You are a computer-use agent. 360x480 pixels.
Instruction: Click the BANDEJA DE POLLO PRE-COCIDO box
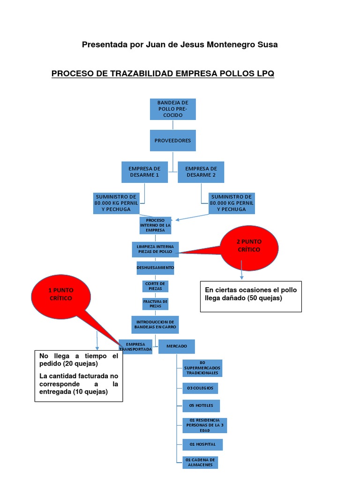(173, 109)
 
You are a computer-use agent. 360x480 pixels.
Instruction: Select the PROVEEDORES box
(173, 140)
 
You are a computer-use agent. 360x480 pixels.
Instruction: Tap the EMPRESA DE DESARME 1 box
(144, 172)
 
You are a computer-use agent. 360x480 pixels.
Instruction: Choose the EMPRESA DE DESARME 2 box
(201, 172)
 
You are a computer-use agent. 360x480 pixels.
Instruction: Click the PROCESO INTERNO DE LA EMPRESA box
(155, 225)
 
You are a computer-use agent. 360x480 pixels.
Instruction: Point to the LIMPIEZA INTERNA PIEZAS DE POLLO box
(155, 249)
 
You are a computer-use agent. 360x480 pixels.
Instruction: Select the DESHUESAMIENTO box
(155, 268)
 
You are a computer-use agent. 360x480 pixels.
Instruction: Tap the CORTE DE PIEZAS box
(155, 286)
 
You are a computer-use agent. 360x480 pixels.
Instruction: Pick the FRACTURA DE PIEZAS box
(155, 304)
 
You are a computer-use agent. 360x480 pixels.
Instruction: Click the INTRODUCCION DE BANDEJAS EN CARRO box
(155, 324)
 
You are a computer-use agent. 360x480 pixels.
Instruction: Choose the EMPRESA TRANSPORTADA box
(136, 347)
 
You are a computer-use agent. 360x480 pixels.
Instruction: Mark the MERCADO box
(176, 346)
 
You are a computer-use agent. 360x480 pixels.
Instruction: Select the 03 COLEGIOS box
(200, 388)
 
